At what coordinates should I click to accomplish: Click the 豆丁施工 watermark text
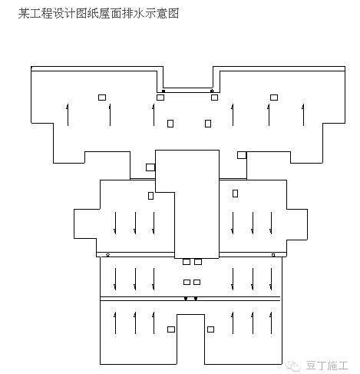[x=327, y=366]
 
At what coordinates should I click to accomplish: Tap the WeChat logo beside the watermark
[x=293, y=366]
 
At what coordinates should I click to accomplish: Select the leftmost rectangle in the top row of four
[x=102, y=98]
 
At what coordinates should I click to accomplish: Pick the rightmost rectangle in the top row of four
[x=274, y=98]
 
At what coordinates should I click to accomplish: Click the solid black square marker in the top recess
[x=163, y=91]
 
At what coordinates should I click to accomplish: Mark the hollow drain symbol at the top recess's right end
[x=212, y=91]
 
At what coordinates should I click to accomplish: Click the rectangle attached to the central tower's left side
[x=150, y=167]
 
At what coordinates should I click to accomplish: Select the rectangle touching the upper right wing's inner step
[x=242, y=155]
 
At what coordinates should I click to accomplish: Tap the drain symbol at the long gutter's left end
[x=107, y=255]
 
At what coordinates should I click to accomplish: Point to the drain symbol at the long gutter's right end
[x=273, y=255]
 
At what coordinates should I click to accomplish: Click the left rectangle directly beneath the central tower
[x=187, y=262]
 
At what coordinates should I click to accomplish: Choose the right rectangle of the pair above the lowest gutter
[x=197, y=282]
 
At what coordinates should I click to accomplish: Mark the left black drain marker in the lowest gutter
[x=186, y=299]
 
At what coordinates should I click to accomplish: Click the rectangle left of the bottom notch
[x=171, y=329]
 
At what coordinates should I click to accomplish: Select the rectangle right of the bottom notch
[x=210, y=329]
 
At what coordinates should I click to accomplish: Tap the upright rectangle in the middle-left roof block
[x=150, y=196]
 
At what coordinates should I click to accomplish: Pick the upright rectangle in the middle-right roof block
[x=235, y=194]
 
